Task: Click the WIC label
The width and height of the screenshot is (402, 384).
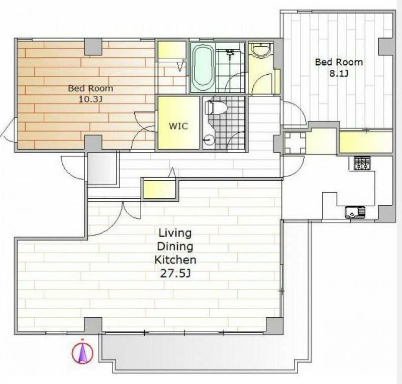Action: (x=178, y=126)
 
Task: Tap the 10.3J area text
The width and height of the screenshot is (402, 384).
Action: (x=90, y=99)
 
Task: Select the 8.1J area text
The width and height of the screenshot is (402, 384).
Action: (x=339, y=74)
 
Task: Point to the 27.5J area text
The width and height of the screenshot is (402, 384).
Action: (x=175, y=274)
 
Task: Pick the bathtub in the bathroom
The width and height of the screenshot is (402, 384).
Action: (x=203, y=67)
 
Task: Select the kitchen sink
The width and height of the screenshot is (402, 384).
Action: (x=355, y=211)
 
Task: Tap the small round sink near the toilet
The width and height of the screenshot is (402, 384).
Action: (x=208, y=140)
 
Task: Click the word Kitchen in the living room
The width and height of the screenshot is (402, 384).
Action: (x=175, y=260)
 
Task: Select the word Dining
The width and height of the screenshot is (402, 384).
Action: (x=175, y=246)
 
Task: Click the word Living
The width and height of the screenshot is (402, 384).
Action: (x=175, y=233)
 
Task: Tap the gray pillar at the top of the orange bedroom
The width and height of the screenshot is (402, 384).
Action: (x=93, y=47)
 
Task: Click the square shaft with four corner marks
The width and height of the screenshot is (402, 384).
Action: (x=295, y=143)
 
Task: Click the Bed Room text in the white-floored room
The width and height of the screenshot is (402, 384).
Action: (x=339, y=62)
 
